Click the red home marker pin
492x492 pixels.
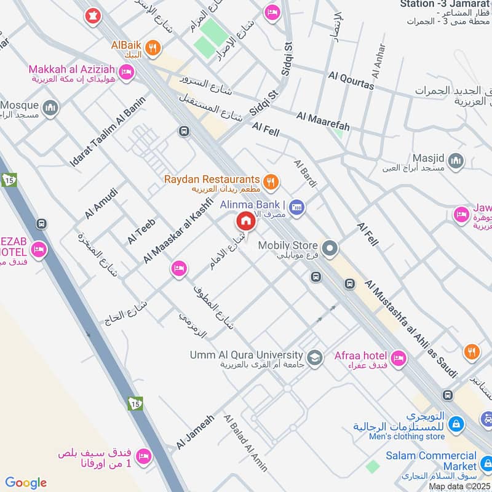click(x=245, y=221)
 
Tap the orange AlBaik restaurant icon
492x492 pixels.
click(x=153, y=47)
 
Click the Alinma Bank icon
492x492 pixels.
click(x=297, y=206)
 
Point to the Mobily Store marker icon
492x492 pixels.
click(x=330, y=248)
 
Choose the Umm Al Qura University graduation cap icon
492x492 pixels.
click(x=315, y=357)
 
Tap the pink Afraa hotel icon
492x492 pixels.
click(x=399, y=357)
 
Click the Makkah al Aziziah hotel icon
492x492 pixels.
click(x=127, y=73)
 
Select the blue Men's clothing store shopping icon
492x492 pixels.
click(x=456, y=424)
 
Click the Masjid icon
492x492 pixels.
click(x=456, y=161)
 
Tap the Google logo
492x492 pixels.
click(x=26, y=483)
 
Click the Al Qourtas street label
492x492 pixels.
click(x=351, y=81)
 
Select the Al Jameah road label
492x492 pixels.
click(x=195, y=431)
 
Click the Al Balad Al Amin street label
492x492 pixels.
click(x=246, y=443)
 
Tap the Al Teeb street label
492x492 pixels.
click(x=141, y=231)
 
